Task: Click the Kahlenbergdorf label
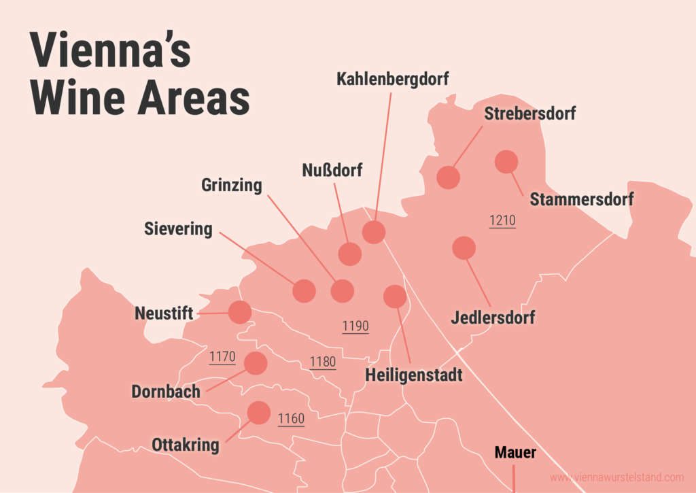coord(393,80)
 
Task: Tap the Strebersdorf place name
coord(529,114)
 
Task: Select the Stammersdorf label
coord(581,200)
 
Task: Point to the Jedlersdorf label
coord(493,317)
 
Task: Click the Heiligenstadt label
coord(413,375)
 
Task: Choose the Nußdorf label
coord(332,170)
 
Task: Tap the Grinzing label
coord(232,186)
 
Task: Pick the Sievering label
coord(178,229)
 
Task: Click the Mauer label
coord(515,453)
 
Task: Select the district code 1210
coord(502,220)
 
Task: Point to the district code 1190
coord(355,326)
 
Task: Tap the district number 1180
coord(323,362)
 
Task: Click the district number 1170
coord(222,357)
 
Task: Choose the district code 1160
coord(291,419)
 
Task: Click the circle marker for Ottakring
coord(258,413)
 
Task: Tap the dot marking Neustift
coord(239,312)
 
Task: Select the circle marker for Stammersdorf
coord(506,162)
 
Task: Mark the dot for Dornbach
coord(256,363)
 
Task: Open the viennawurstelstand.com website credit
coord(616,477)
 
